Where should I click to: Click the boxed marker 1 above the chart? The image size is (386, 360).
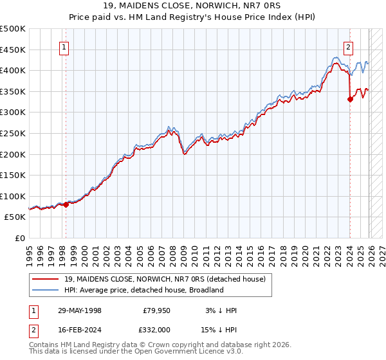tap(65, 46)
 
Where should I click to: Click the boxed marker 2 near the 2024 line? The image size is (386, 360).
tap(348, 46)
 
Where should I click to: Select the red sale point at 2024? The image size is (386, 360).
tap(351, 99)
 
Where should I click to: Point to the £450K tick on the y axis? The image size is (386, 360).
tap(13, 50)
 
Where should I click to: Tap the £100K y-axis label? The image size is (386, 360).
tap(13, 196)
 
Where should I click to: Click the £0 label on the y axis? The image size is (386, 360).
tap(19, 238)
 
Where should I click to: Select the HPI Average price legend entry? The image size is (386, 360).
tap(143, 290)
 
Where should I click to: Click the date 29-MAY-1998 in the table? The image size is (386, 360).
tap(79, 310)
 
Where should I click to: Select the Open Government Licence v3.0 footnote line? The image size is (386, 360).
tap(136, 352)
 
